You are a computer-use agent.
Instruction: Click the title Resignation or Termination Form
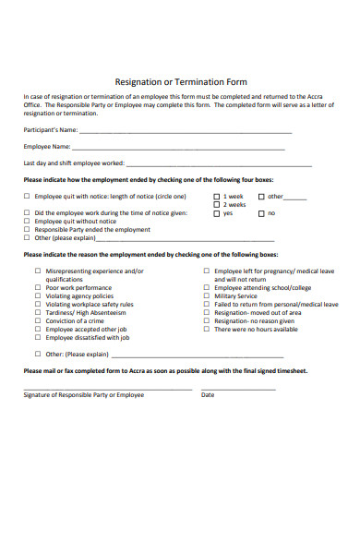coord(180,81)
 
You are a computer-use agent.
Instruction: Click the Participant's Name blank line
coord(185,131)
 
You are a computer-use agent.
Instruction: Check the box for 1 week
coord(217,197)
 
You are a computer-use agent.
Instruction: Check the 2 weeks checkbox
coord(217,205)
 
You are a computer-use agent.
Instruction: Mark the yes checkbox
coord(217,213)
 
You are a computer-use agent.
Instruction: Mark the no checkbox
coord(261,213)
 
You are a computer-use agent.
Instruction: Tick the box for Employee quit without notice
coord(26,222)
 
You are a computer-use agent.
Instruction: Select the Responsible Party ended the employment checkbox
coord(26,230)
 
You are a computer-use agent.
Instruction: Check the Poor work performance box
coord(38,287)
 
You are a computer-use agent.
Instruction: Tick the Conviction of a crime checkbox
coord(38,320)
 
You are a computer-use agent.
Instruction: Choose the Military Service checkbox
coord(206,295)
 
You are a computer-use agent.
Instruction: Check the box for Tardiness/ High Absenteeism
coord(38,312)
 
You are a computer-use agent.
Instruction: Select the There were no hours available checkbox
coord(206,329)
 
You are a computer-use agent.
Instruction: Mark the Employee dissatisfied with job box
coord(38,337)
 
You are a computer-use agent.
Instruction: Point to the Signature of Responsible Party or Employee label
coord(83,394)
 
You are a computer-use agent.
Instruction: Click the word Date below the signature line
coord(208,394)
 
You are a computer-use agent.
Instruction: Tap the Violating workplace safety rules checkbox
coord(38,304)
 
